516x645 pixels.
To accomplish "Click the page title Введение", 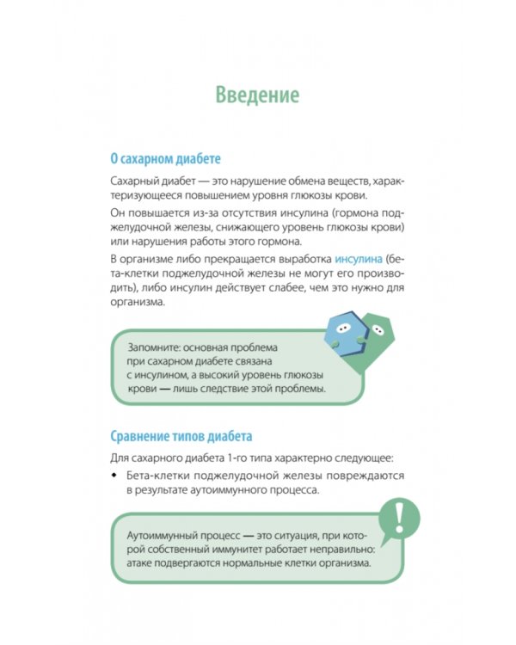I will (257, 94).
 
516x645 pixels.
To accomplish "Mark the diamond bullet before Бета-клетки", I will (114, 476).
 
